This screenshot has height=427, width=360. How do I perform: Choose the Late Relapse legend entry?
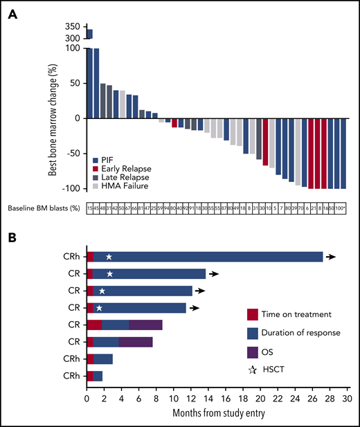coord(122,177)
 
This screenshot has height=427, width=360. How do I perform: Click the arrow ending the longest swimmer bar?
coord(332,257)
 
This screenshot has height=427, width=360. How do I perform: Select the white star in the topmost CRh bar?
coord(109,257)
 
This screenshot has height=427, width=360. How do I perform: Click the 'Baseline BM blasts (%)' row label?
coord(44,208)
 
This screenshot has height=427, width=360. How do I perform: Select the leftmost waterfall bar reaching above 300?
coord(89,34)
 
